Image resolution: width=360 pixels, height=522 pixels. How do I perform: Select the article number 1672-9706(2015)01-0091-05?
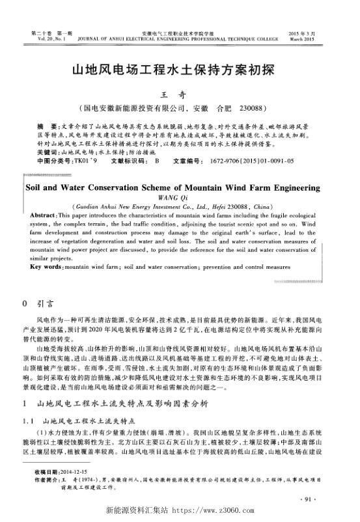tap(253, 159)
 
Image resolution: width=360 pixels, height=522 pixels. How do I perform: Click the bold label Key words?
tap(48, 267)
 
